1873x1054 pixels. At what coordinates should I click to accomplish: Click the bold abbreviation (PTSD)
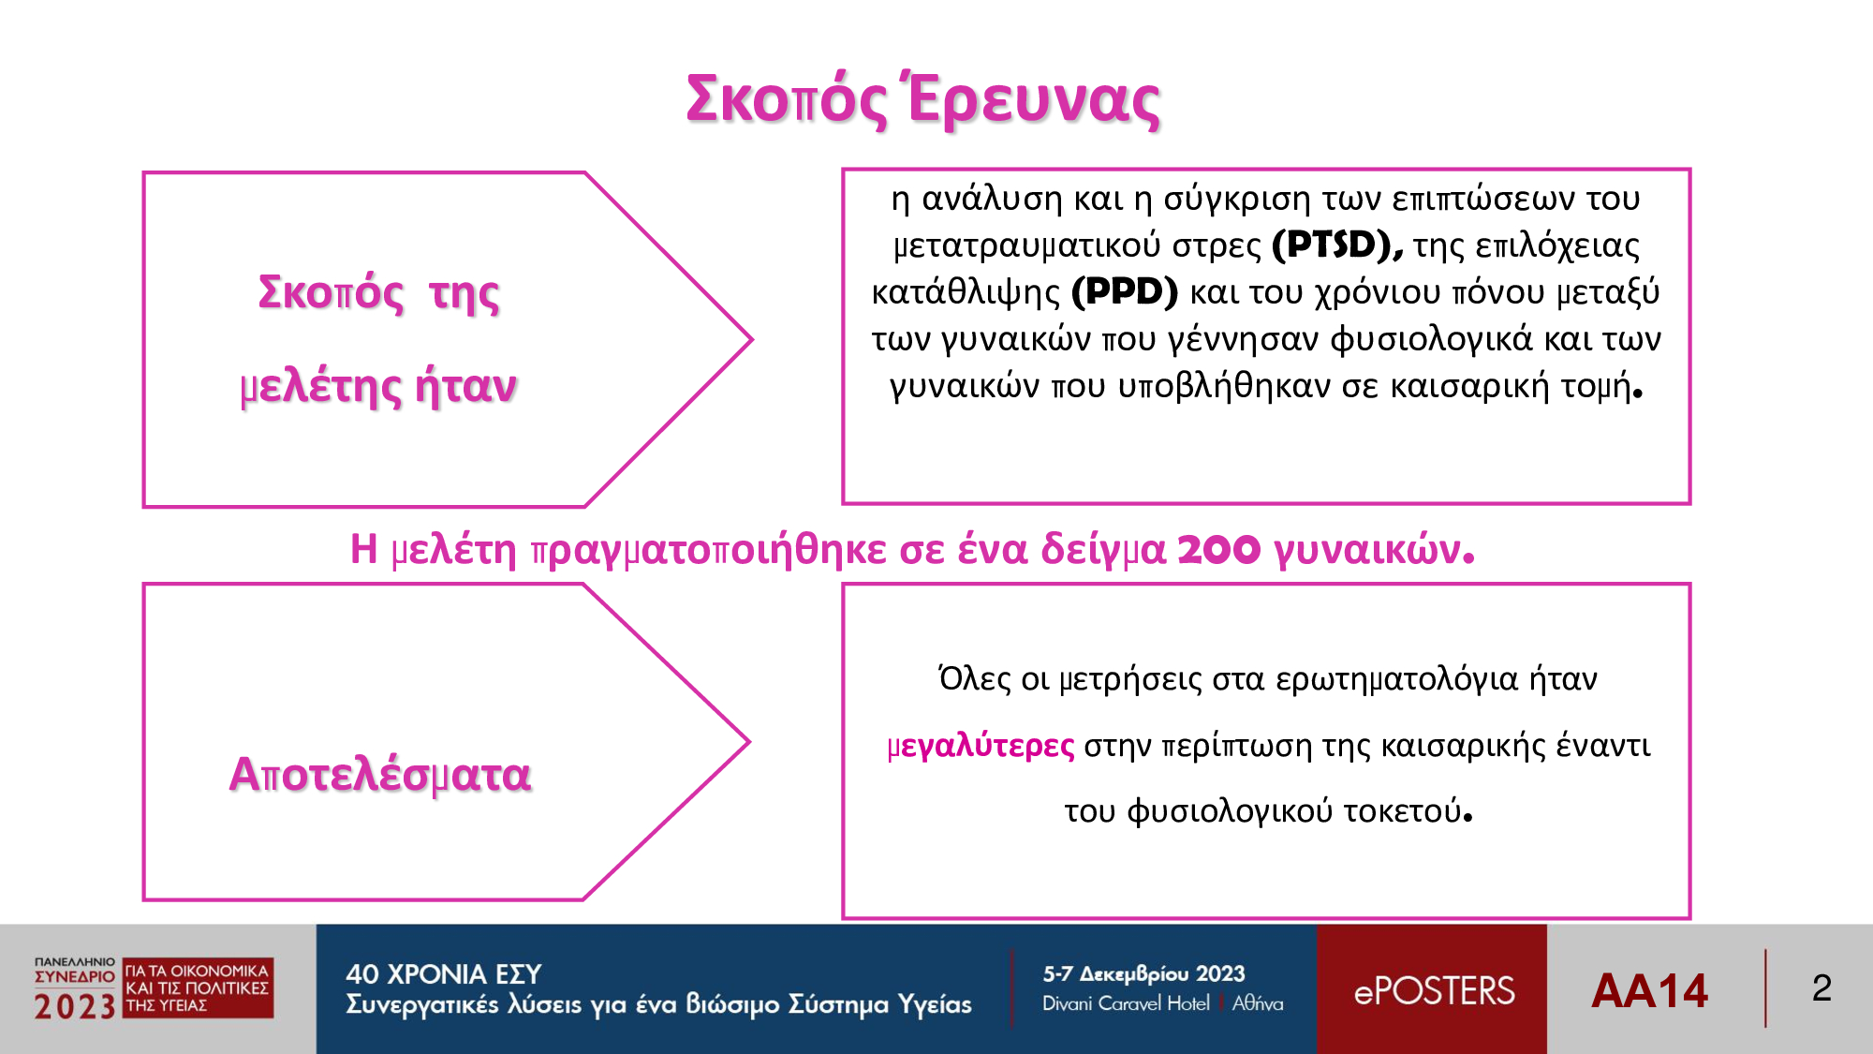click(x=1337, y=245)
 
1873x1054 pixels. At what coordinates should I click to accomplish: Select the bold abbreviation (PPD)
click(x=1125, y=292)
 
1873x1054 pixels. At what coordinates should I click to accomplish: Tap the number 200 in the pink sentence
click(x=1218, y=549)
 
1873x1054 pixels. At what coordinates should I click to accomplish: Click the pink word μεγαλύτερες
click(x=981, y=746)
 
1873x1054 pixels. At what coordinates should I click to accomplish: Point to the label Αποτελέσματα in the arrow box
click(x=380, y=775)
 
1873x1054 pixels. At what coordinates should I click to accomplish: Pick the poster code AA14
click(x=1650, y=990)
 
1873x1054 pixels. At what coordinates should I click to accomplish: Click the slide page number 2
click(x=1821, y=988)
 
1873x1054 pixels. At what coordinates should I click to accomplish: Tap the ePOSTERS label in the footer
click(x=1434, y=991)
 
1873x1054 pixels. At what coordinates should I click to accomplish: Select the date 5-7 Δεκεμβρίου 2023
click(x=1143, y=973)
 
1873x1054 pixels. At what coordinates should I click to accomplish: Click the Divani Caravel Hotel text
click(x=1126, y=1003)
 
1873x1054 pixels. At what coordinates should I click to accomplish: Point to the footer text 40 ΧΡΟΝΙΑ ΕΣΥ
click(x=444, y=974)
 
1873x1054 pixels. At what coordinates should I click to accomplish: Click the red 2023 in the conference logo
click(x=74, y=1006)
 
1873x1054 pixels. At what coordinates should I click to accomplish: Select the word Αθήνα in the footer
click(x=1258, y=1003)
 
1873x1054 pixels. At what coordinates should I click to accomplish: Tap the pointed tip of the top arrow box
click(x=751, y=339)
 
